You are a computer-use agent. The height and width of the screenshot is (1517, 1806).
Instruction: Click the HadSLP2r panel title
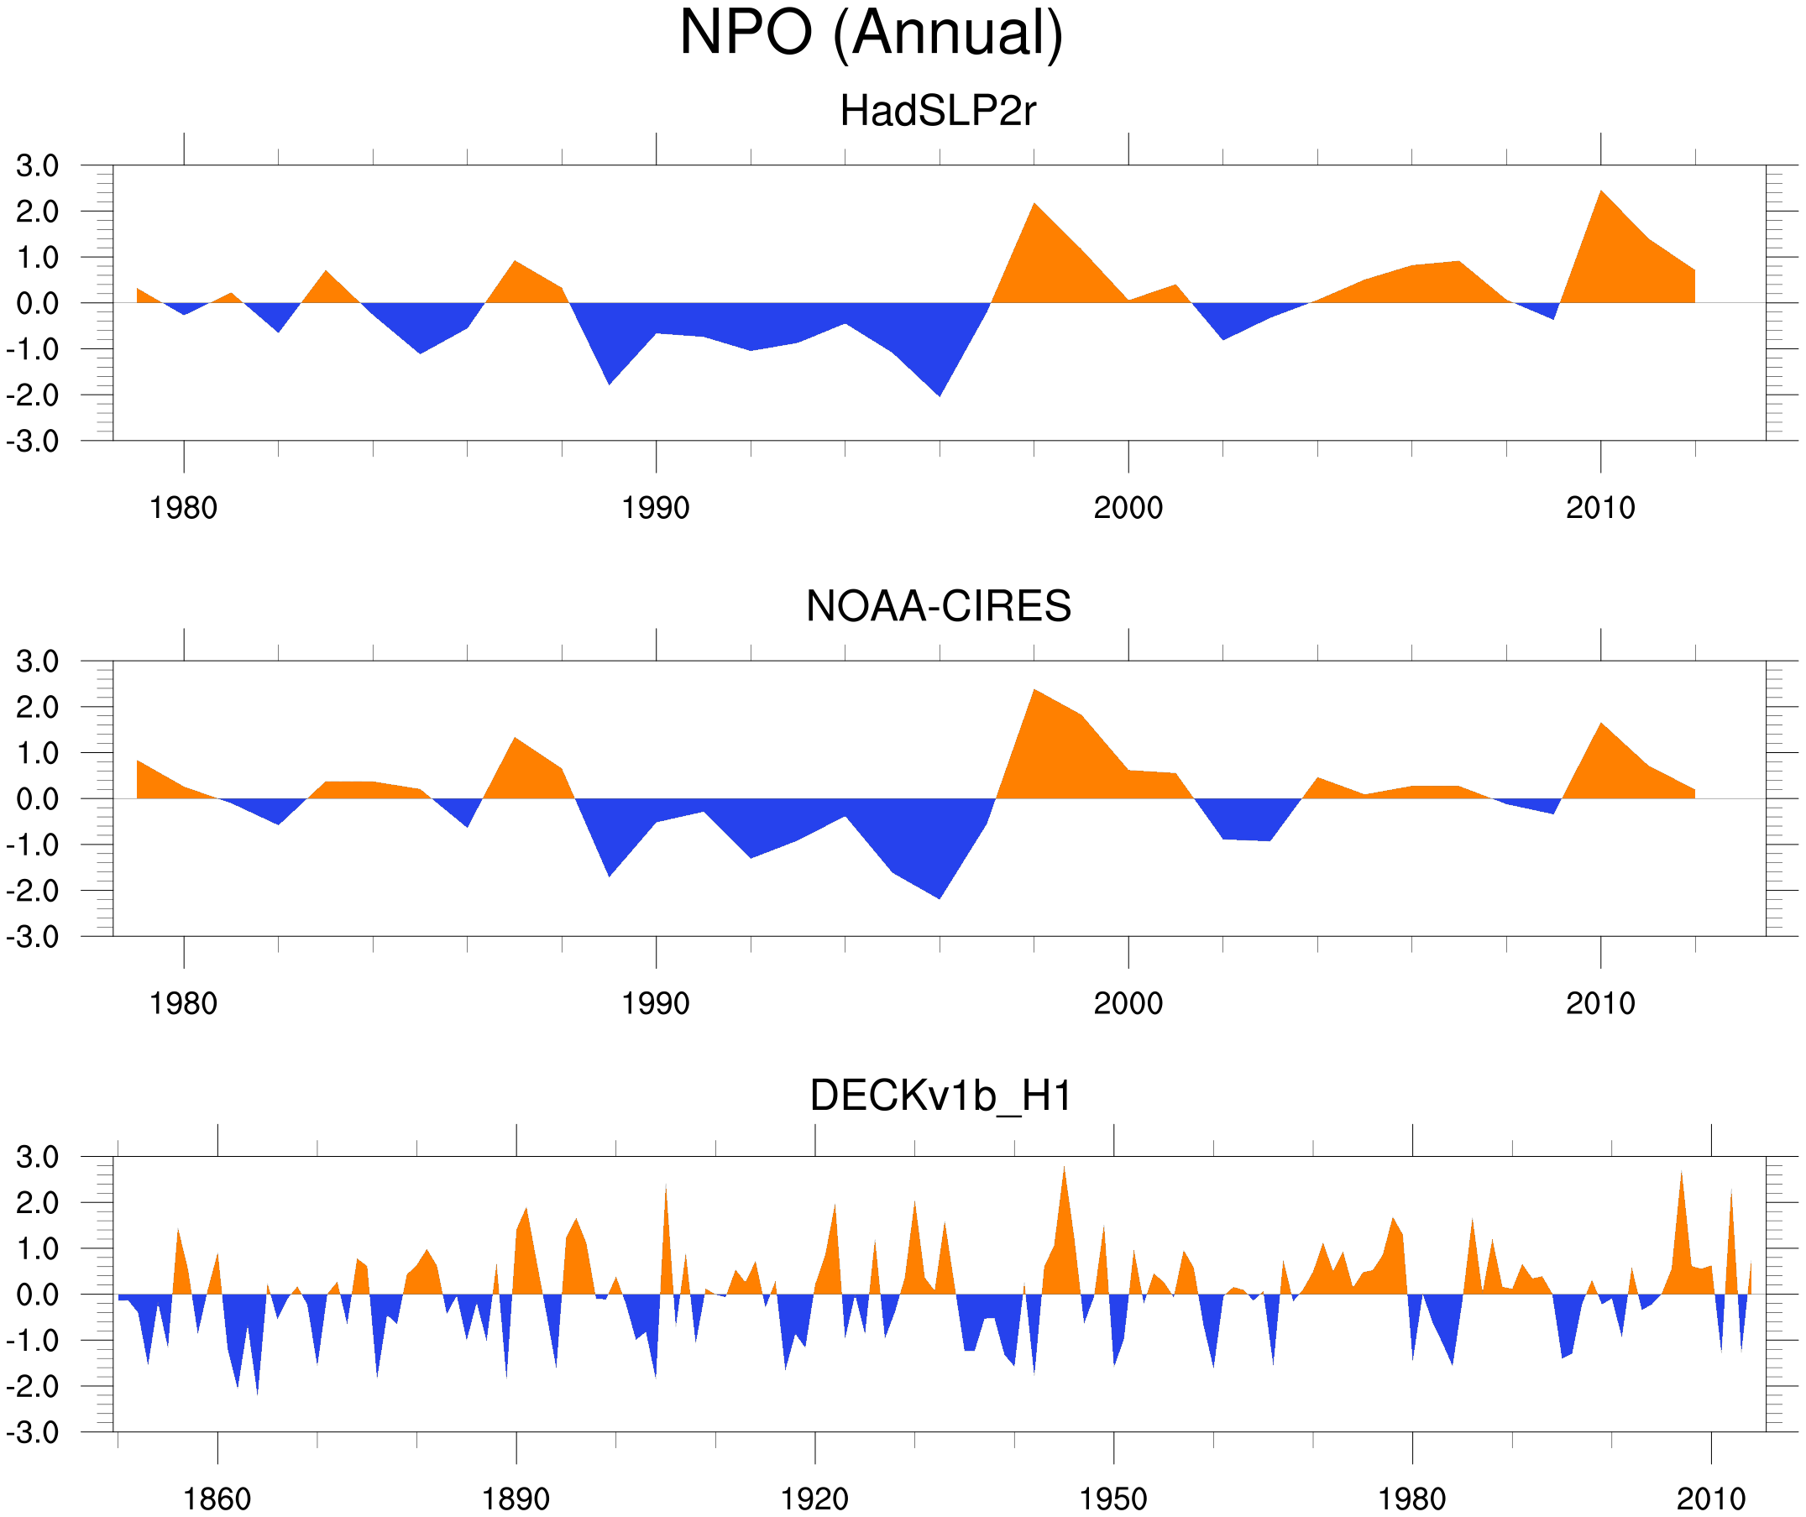[937, 111]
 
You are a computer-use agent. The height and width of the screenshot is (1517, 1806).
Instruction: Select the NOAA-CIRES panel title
[938, 606]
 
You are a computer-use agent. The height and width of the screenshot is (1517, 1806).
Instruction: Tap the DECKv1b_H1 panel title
[940, 1096]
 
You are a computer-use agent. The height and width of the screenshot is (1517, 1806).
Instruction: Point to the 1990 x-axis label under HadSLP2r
[656, 508]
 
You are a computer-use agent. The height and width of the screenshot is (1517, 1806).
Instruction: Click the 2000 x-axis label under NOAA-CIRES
[1128, 1003]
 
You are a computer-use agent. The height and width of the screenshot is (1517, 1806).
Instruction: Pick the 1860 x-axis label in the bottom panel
[217, 1499]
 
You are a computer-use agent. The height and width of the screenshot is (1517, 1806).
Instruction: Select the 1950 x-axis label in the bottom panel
[1112, 1499]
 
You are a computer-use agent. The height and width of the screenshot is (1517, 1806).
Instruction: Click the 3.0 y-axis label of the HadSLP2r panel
[37, 166]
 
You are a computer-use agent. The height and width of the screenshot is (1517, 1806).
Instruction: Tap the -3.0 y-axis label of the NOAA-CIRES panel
[33, 937]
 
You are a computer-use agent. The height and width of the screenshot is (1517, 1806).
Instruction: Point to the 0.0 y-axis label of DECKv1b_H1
[37, 1295]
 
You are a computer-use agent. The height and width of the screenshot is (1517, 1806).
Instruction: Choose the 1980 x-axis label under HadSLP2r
[183, 508]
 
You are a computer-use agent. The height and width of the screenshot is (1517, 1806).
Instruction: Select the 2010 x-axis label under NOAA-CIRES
[1599, 1003]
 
